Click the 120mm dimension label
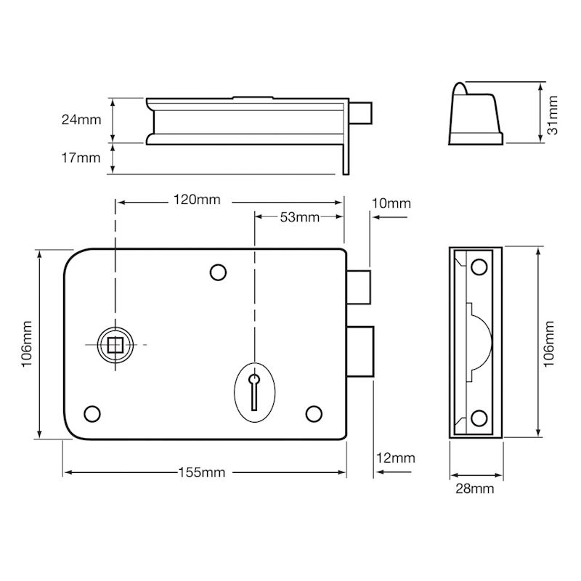point(197,200)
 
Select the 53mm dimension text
point(300,217)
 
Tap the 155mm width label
point(202,473)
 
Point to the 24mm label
point(81,120)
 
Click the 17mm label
point(81,158)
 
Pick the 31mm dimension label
point(552,115)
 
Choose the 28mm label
point(475,489)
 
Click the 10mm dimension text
point(391,203)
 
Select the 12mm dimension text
point(396,458)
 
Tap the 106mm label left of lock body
point(27,344)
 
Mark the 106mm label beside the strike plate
point(549,344)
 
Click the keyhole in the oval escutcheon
point(254,391)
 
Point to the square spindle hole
point(115,345)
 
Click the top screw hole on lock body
point(219,272)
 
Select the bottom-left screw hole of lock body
point(92,413)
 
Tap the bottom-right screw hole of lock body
point(314,413)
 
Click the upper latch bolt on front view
point(359,287)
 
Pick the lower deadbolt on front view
point(360,352)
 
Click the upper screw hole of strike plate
point(479,267)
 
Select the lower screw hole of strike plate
point(479,418)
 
